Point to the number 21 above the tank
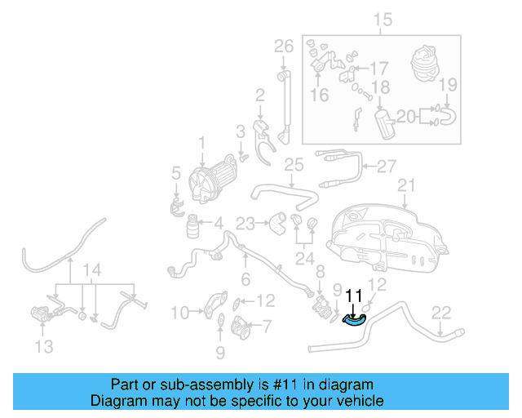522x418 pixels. [x=406, y=185]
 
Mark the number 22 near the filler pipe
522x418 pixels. [x=440, y=311]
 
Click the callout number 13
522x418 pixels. [x=44, y=347]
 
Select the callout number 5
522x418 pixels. [x=175, y=172]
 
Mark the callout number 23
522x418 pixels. [x=246, y=221]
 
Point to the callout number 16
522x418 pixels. [x=319, y=96]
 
